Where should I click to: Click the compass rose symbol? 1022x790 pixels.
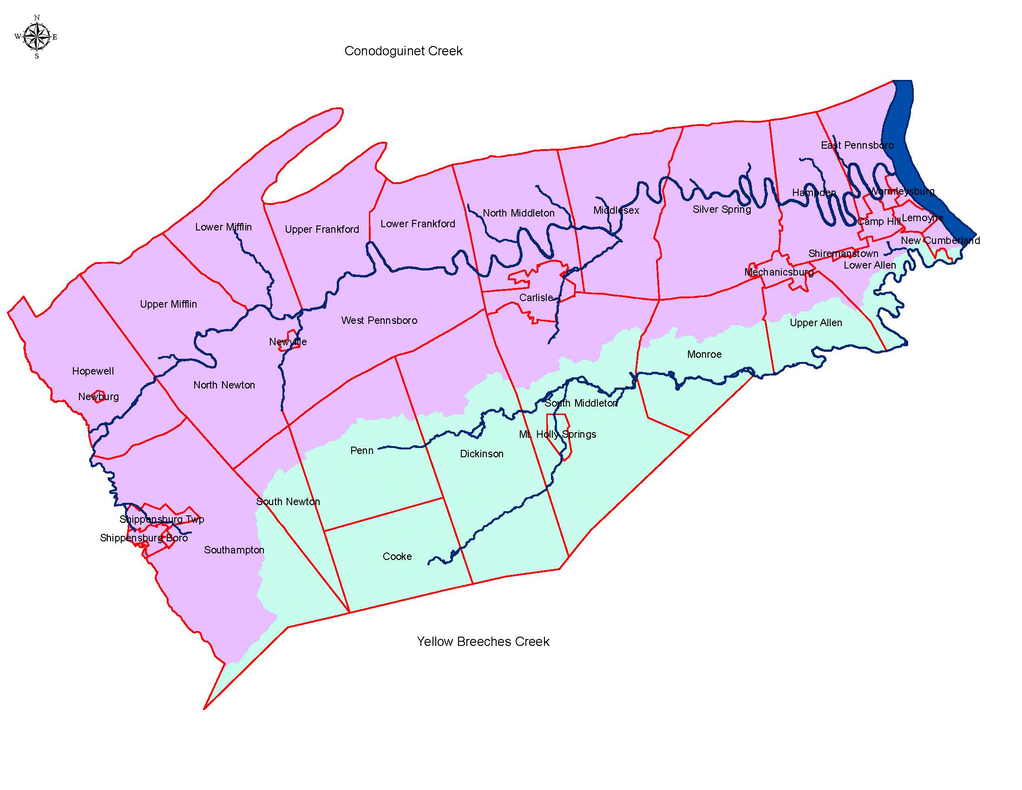(x=37, y=37)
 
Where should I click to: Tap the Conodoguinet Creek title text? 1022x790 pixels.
(x=403, y=51)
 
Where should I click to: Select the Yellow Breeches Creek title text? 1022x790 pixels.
(x=483, y=641)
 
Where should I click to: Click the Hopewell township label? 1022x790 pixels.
(x=92, y=371)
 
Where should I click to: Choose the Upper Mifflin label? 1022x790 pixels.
(x=168, y=304)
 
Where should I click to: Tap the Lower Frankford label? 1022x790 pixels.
(x=418, y=224)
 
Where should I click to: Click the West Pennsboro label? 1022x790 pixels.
(x=379, y=321)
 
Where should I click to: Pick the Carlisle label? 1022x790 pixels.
(x=536, y=298)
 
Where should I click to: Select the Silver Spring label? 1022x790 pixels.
(x=721, y=209)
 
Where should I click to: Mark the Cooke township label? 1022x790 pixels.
(x=397, y=556)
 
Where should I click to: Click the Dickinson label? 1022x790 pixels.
(x=482, y=454)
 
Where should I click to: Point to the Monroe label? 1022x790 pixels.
(x=704, y=354)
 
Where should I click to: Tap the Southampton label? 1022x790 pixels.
(x=234, y=550)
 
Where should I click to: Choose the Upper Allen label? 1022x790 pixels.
(x=816, y=323)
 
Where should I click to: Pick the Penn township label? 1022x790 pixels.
(x=362, y=451)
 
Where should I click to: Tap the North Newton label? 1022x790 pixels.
(x=224, y=385)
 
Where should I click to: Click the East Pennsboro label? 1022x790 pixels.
(x=857, y=145)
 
